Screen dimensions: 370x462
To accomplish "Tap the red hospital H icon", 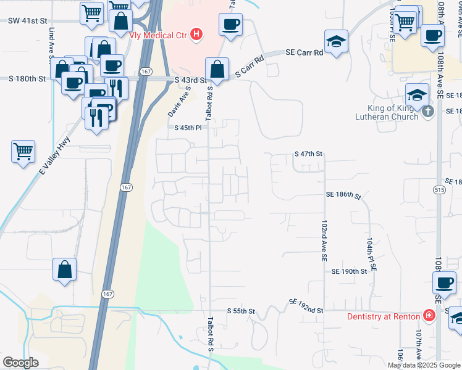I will [x=196, y=34].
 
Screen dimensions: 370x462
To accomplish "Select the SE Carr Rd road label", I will [x=304, y=53].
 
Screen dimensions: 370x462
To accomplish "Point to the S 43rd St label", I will [x=190, y=80].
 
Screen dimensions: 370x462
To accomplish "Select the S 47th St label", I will [x=309, y=153].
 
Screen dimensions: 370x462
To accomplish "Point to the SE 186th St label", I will [x=343, y=195].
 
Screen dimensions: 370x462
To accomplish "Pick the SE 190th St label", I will [x=350, y=271].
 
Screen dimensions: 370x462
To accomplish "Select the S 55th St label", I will [x=241, y=311].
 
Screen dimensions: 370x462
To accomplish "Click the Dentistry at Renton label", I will [x=383, y=316].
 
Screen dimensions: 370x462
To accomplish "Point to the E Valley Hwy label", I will [x=55, y=157].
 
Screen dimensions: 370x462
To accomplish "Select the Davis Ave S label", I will [x=178, y=102].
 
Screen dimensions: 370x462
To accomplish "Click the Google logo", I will [x=21, y=363].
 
